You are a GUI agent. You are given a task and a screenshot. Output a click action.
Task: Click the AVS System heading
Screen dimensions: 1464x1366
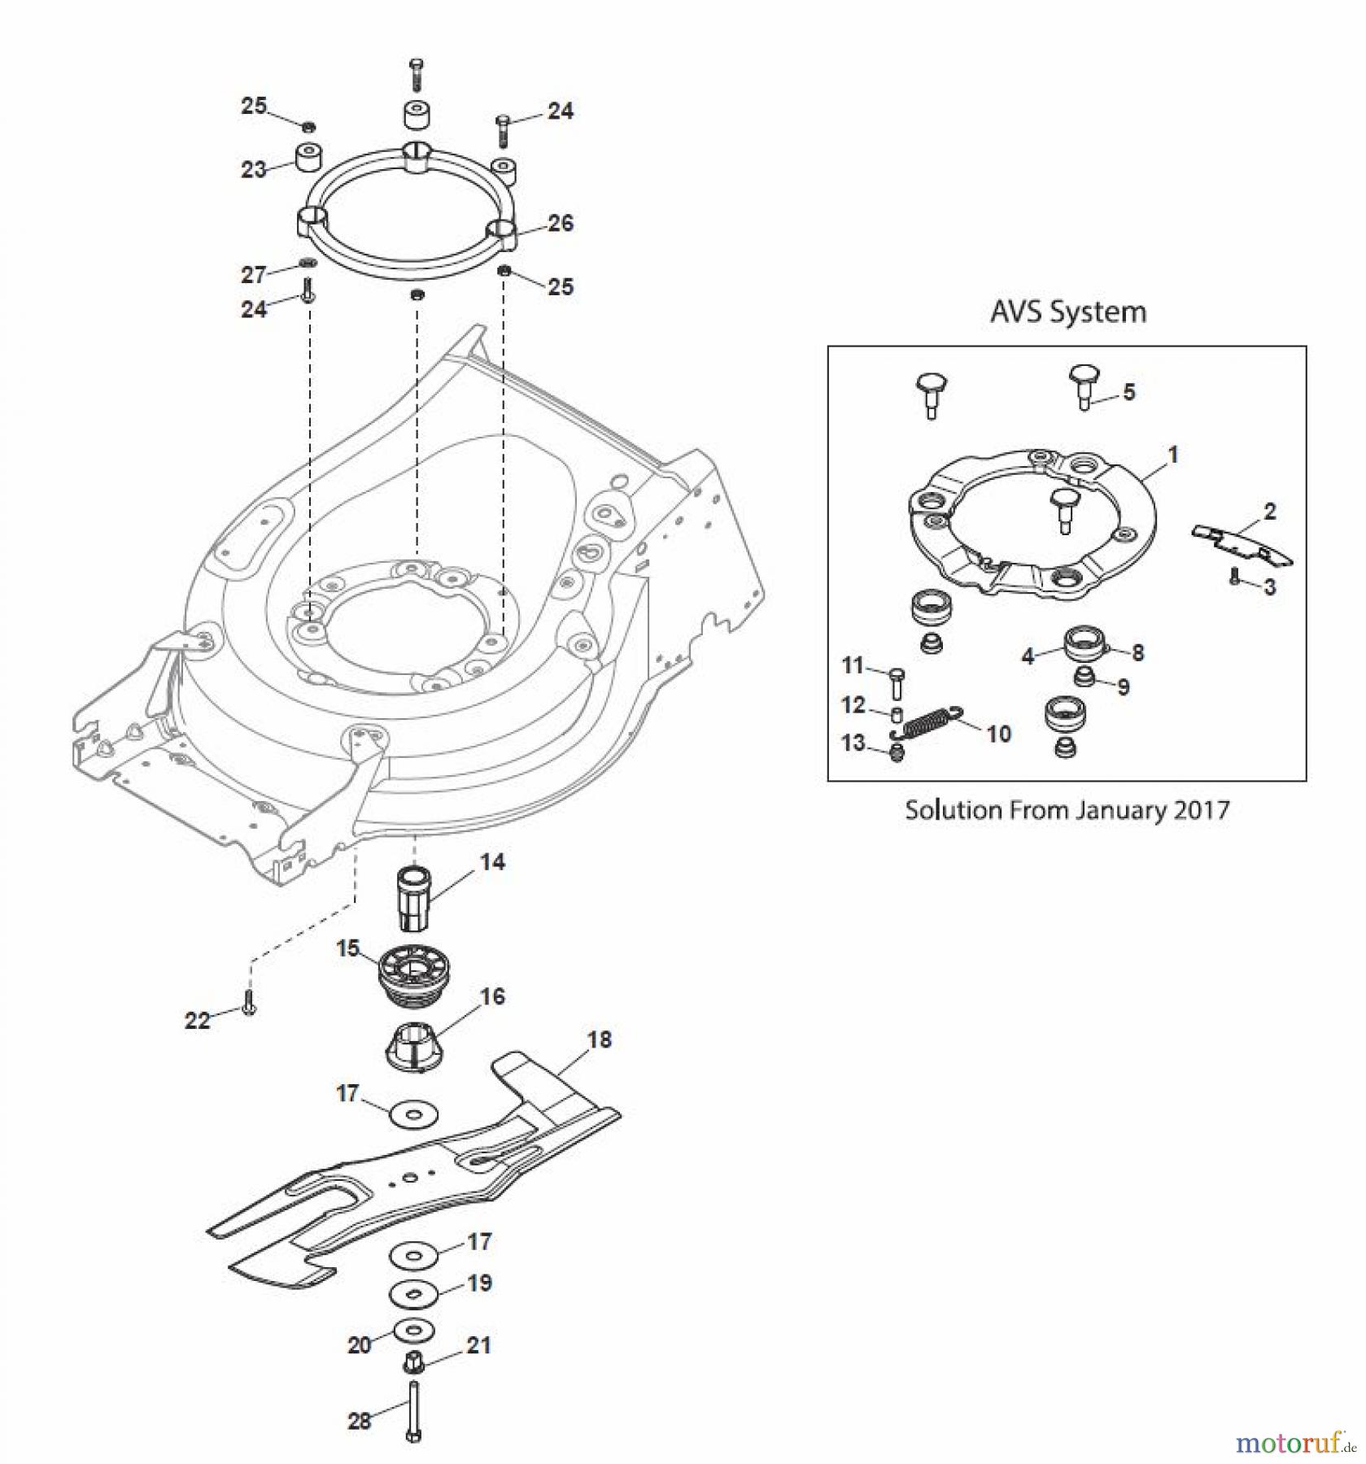1067,312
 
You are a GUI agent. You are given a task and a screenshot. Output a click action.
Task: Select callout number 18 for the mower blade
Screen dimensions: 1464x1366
600,1039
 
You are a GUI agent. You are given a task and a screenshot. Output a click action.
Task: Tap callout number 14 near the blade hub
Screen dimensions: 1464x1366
492,862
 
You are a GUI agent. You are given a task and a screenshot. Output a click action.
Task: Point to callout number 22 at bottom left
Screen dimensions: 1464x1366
197,1020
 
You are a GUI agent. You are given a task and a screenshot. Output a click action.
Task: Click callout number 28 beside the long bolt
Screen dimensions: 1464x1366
359,1420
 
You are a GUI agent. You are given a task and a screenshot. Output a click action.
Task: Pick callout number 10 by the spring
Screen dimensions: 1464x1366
998,734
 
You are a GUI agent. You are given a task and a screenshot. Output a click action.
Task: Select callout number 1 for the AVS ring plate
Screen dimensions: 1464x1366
1172,455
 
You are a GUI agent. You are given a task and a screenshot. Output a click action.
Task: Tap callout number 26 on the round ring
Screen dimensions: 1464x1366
561,224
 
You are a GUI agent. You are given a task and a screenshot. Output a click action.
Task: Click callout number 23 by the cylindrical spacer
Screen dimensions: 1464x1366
253,169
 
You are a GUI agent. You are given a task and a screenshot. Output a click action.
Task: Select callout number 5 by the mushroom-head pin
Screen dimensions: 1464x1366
1128,392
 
